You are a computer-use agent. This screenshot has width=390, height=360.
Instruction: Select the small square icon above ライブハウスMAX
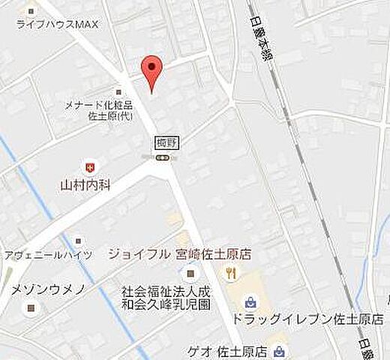(x=31, y=11)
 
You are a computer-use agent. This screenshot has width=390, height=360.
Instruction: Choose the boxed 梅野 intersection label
(x=164, y=142)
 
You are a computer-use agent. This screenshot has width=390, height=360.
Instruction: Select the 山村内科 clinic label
(x=85, y=184)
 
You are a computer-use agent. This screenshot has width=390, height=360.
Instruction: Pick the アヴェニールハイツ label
(x=48, y=255)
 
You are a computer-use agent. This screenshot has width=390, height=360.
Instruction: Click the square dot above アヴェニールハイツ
(x=79, y=241)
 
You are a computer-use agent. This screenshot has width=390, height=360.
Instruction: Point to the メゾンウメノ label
(x=48, y=289)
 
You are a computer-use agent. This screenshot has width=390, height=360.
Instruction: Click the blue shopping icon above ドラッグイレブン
(x=249, y=302)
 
